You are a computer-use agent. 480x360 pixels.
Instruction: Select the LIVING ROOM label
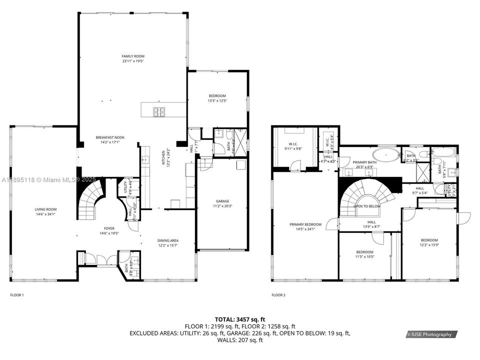[45, 209]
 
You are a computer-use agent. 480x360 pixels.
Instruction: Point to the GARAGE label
[222, 201]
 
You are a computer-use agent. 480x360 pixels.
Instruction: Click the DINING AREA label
[168, 240]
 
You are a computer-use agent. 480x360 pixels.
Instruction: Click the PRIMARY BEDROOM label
[305, 224]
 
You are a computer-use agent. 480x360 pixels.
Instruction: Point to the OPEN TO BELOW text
[367, 206]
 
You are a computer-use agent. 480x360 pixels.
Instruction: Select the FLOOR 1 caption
[17, 295]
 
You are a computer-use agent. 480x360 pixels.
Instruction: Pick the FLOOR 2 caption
[278, 295]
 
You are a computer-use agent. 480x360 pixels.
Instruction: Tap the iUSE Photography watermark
[431, 334]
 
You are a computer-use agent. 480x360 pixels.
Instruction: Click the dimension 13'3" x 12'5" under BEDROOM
[217, 101]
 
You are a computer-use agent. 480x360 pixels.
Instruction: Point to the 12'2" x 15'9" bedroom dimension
[429, 245]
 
